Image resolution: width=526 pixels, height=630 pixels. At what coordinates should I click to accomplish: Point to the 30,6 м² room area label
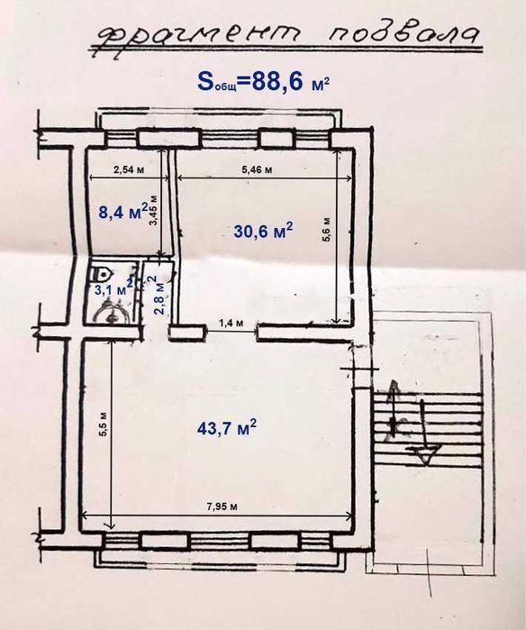263,230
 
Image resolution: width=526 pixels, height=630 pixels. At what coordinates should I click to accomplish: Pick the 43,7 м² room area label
227,427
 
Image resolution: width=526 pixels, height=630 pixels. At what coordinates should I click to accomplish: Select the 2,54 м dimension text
129,169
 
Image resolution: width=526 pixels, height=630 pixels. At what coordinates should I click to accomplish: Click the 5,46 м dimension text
257,169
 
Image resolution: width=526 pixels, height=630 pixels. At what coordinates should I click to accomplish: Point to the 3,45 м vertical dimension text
154,211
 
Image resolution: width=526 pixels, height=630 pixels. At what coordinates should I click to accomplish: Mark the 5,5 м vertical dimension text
104,425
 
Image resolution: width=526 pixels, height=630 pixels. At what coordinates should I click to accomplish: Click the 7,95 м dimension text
222,507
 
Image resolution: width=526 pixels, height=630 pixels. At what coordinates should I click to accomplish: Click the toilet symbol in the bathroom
100,274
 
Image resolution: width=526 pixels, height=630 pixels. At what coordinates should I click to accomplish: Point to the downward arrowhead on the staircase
426,454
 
